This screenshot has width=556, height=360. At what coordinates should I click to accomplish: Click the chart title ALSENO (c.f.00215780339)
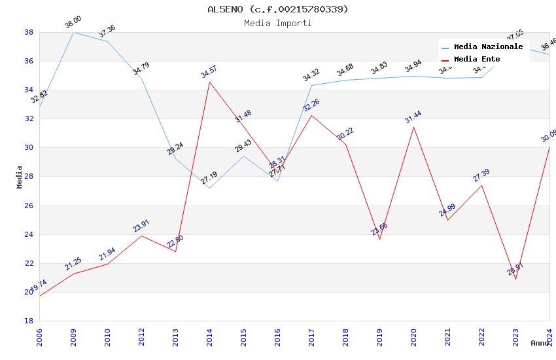tap(278, 9)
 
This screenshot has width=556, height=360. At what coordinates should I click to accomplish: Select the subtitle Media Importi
tap(278, 24)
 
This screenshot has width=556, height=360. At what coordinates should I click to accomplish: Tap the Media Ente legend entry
tap(477, 60)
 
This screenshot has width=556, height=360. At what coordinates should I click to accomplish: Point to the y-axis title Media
tap(20, 177)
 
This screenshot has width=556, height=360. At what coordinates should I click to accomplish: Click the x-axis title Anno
tap(540, 343)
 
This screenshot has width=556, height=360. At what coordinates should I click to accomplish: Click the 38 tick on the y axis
tap(29, 32)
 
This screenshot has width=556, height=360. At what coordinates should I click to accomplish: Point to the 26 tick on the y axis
tap(29, 206)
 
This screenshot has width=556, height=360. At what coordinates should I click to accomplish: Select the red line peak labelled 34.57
tap(209, 82)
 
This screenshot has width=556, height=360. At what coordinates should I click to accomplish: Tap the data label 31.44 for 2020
tap(413, 117)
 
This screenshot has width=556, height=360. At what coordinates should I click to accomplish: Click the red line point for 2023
tap(515, 279)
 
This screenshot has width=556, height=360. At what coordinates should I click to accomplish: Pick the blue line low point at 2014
tap(209, 188)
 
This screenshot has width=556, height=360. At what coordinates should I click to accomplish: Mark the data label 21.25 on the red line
tap(73, 264)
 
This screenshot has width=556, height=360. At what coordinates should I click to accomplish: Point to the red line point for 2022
tap(481, 185)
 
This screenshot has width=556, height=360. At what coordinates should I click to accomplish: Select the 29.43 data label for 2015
tap(243, 146)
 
